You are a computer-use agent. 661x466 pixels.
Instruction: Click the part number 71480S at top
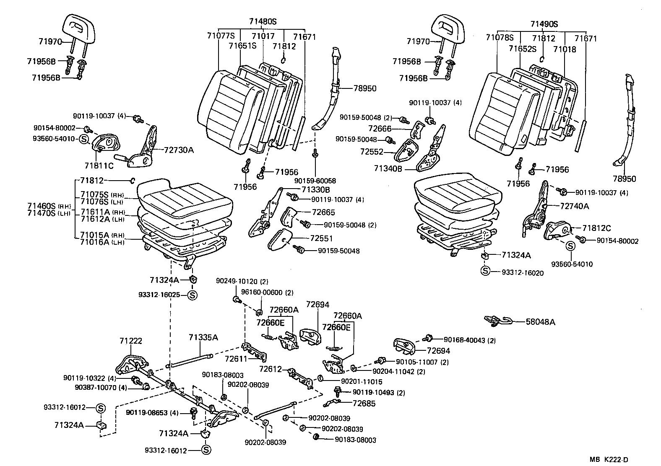coord(263,21)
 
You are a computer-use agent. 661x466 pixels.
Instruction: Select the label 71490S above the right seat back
coord(544,24)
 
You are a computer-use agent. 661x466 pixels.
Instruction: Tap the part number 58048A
coord(541,322)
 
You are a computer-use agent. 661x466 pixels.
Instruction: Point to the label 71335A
coord(203,337)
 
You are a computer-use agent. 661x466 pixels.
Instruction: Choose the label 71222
coord(130,342)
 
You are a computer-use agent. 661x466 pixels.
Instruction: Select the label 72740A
coord(575,206)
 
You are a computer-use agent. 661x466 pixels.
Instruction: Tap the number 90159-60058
coord(315,181)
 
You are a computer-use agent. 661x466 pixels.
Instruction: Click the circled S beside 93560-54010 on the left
coord(84,139)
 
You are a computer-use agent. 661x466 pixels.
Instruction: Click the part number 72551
coord(321,238)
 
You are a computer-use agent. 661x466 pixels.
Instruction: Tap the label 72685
coord(364,404)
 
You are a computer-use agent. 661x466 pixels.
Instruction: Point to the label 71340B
coord(388,168)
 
